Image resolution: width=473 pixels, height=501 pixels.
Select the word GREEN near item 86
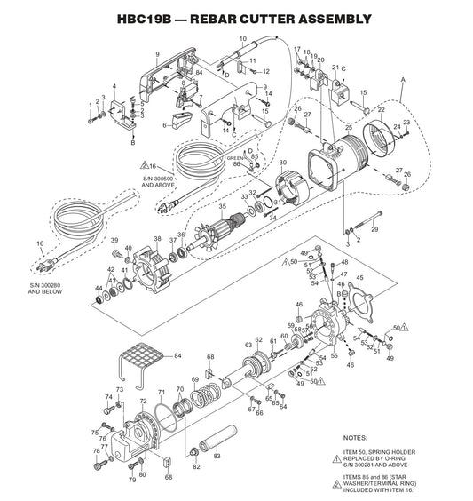coord(235,158)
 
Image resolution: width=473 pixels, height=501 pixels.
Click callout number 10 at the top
coord(242,38)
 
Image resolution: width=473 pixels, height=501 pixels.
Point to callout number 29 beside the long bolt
coord(374,230)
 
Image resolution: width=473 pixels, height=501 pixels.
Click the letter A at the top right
coord(402,81)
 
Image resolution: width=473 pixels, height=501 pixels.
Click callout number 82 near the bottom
coord(197,466)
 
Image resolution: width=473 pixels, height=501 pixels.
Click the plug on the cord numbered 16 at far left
coord(43,263)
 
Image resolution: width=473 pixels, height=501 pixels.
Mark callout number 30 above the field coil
coord(282,163)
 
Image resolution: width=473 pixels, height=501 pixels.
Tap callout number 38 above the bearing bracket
coord(157,239)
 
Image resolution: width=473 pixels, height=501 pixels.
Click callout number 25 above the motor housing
coord(349,129)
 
